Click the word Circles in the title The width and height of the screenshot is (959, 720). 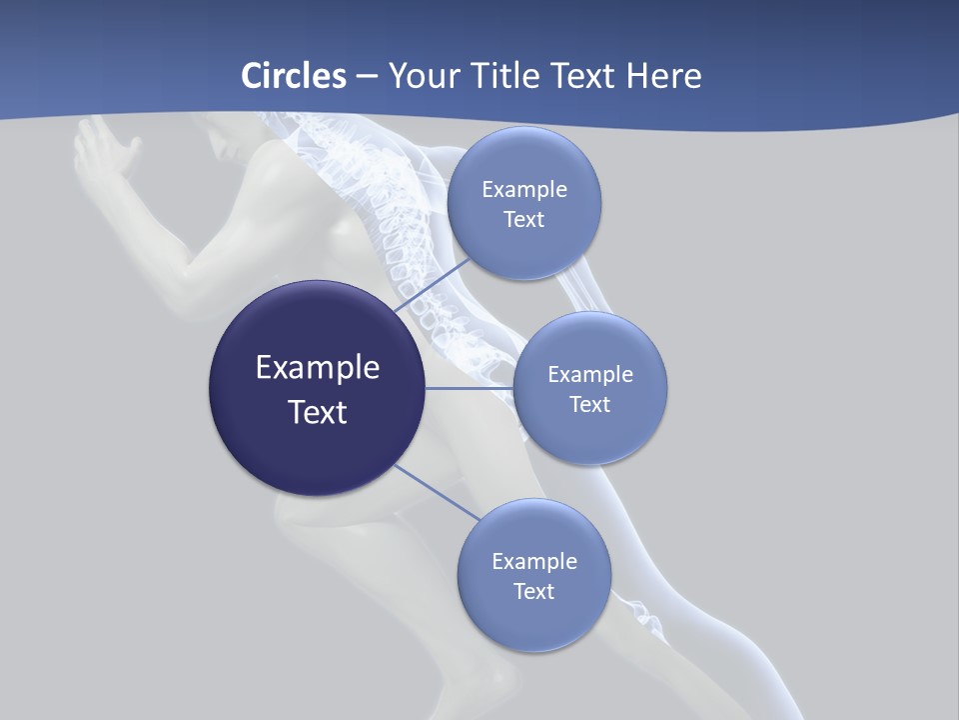(293, 76)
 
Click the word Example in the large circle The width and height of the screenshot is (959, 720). (318, 368)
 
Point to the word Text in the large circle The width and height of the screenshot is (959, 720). (318, 412)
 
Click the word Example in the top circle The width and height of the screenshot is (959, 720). (524, 190)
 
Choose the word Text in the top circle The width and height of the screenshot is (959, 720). (523, 220)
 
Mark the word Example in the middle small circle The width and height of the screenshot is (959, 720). (590, 375)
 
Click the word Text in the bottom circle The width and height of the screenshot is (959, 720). (533, 592)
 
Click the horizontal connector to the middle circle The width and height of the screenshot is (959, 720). (470, 388)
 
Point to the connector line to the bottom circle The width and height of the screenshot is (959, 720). (436, 493)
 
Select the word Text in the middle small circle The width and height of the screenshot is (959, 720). (589, 405)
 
